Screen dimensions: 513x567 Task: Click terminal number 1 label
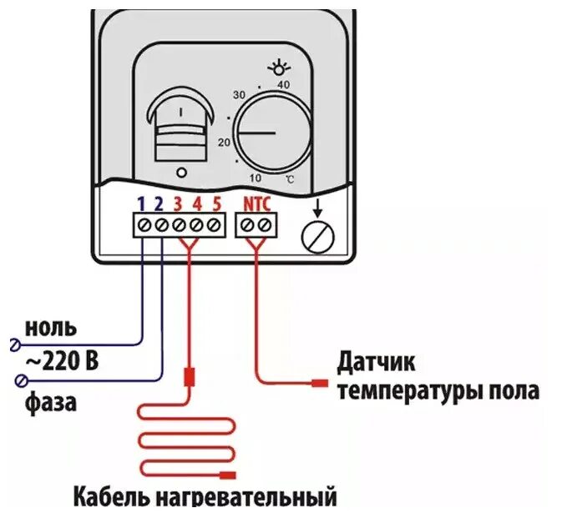pyautogui.click(x=142, y=203)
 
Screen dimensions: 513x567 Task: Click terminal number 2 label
pyautogui.click(x=160, y=203)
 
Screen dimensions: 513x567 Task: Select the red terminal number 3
pyautogui.click(x=179, y=203)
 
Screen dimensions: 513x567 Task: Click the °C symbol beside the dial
pyautogui.click(x=288, y=179)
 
